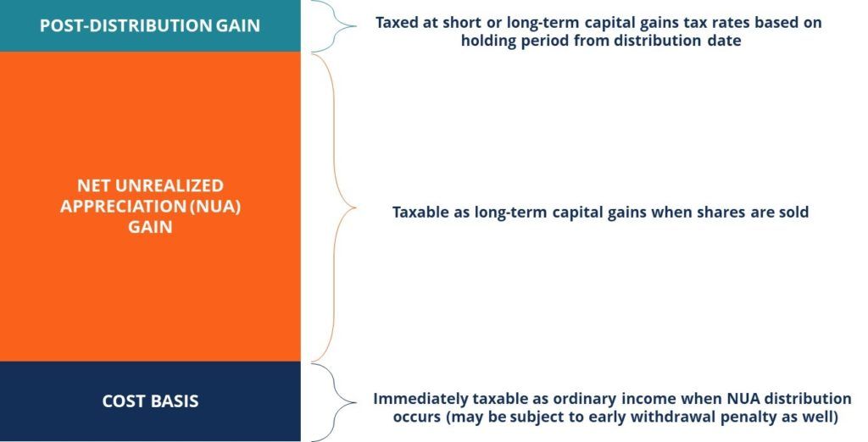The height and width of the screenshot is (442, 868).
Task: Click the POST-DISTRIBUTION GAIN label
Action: [150, 25]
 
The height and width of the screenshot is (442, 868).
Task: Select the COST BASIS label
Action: [150, 401]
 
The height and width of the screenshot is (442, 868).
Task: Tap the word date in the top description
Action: [723, 41]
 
